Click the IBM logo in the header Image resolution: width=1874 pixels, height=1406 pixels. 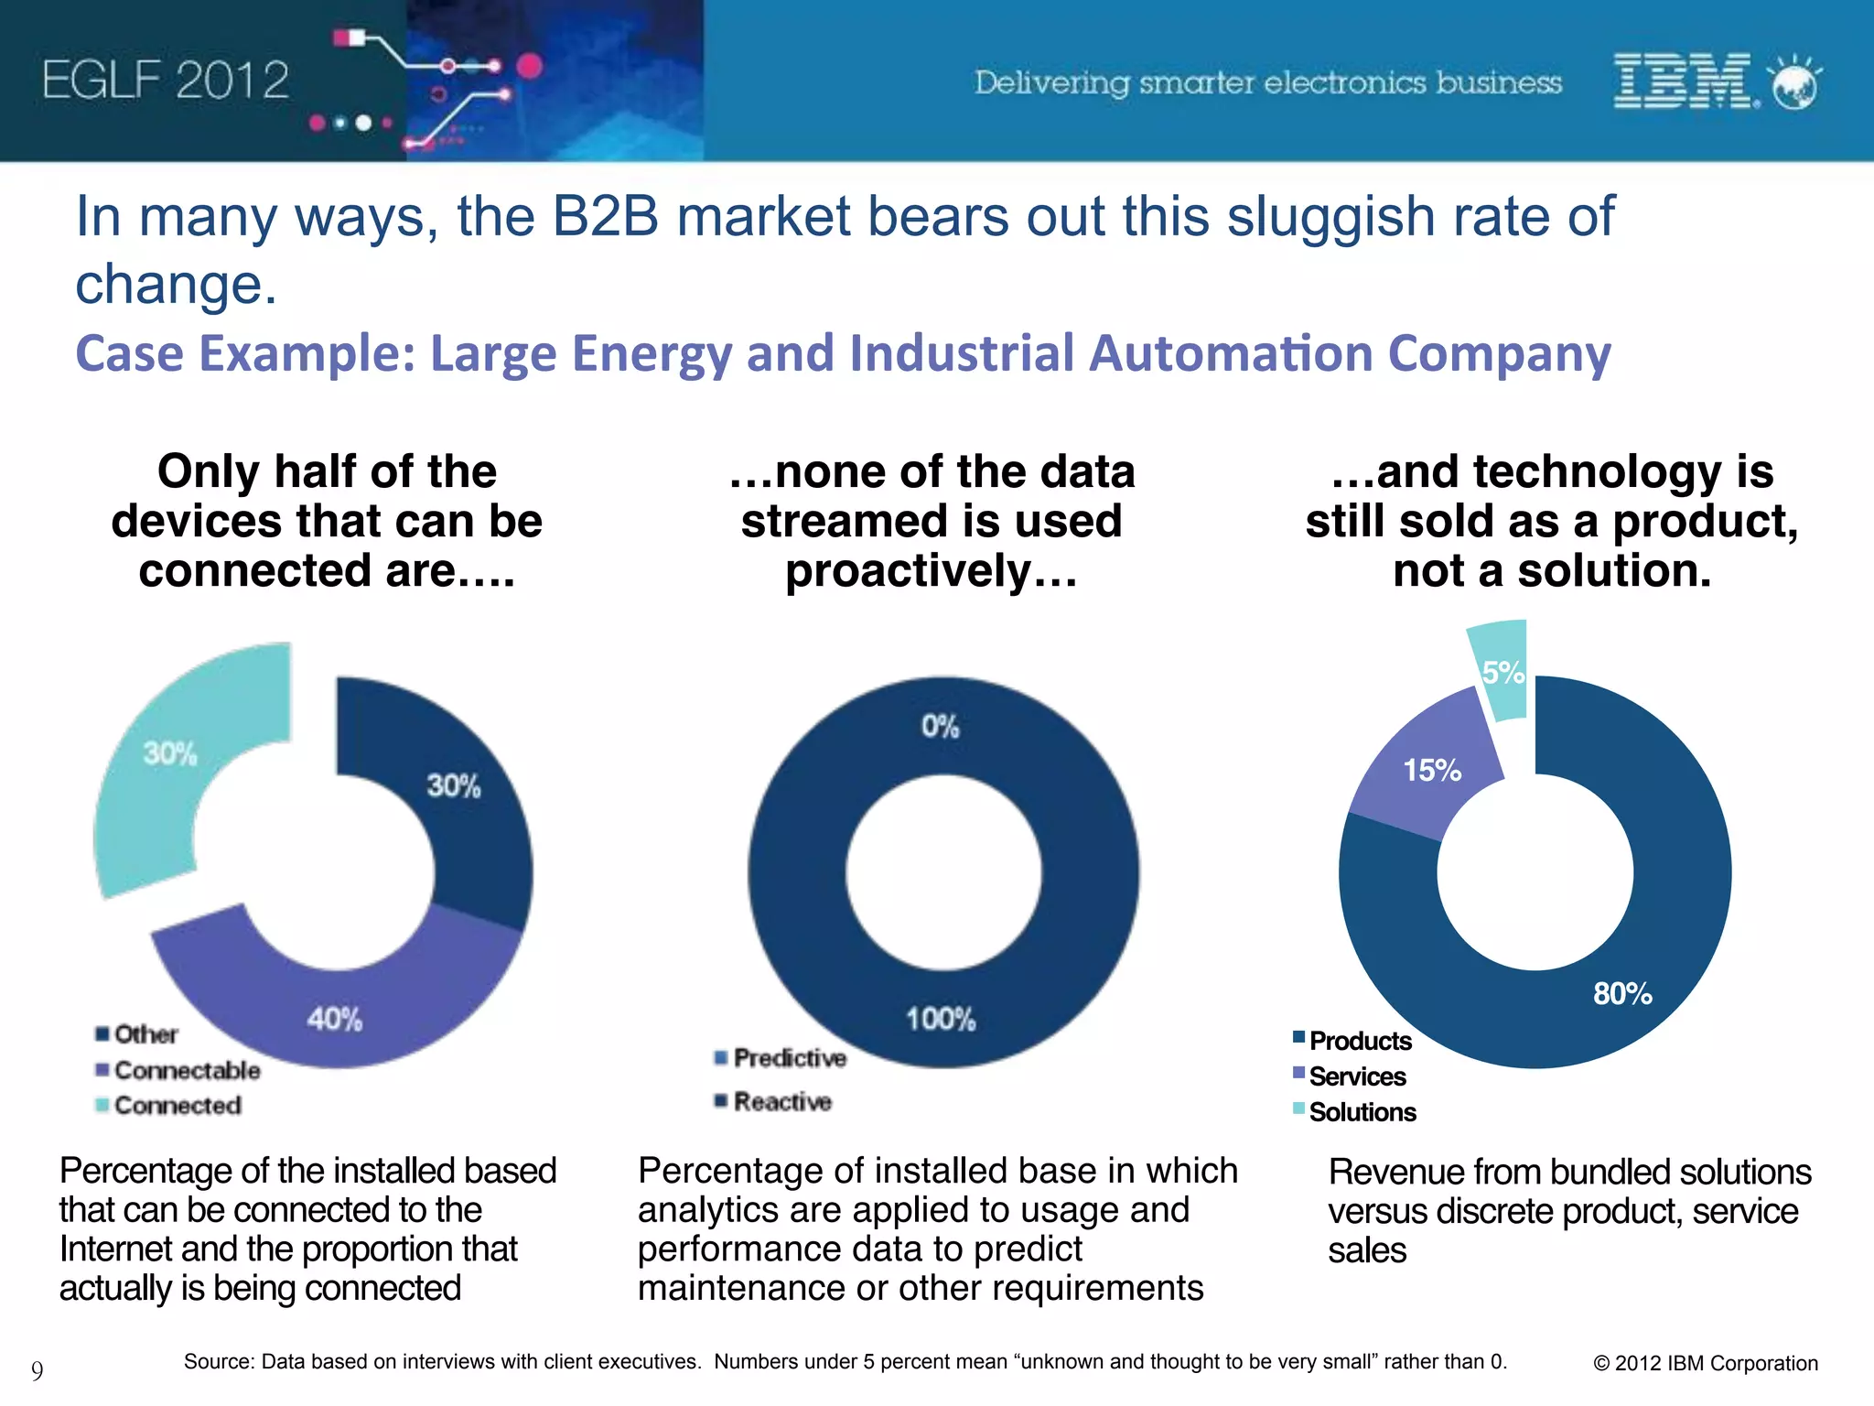(x=1682, y=81)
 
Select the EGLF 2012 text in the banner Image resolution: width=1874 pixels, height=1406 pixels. (x=166, y=81)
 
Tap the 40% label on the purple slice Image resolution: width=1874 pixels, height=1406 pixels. (x=334, y=1019)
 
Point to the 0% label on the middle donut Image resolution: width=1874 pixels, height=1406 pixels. (x=940, y=727)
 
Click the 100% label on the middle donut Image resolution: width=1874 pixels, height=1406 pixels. (x=941, y=1019)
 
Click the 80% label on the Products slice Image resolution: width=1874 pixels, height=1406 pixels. (x=1622, y=993)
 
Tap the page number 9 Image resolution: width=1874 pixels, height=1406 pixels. (x=37, y=1370)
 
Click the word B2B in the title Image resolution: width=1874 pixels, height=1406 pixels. (x=605, y=218)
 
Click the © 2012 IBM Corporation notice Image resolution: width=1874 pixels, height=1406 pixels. (x=1705, y=1363)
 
